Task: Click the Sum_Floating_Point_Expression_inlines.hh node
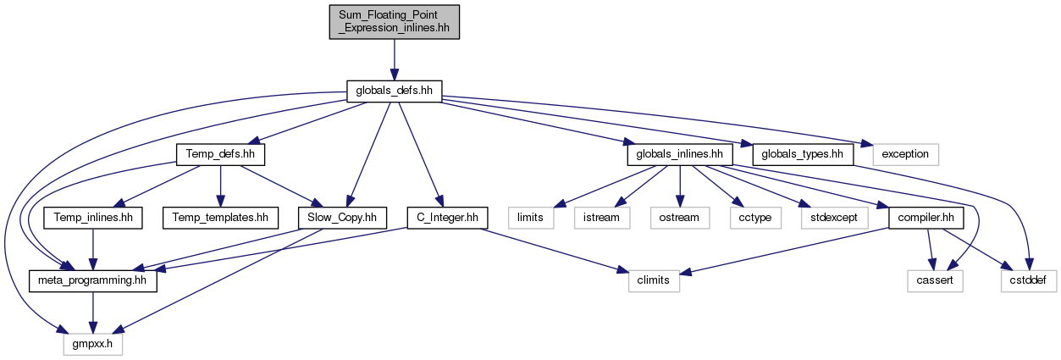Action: pos(394,22)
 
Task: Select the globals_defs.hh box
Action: pos(394,91)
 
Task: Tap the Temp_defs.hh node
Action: pos(220,154)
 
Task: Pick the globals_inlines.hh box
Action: pos(680,154)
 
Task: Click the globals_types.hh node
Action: pos(803,154)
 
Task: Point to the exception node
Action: pos(905,154)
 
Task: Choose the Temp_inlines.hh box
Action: pos(93,218)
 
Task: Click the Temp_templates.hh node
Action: pos(220,218)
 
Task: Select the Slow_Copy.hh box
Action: pos(342,218)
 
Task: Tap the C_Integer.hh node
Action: pos(448,218)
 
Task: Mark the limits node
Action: pos(530,218)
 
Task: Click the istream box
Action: pos(601,218)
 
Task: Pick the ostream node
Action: pos(679,218)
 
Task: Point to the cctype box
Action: pos(755,218)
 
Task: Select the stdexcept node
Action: pos(834,218)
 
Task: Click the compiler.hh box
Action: pos(926,218)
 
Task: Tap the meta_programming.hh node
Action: pos(93,281)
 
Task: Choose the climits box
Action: pos(654,281)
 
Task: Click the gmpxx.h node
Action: pos(93,345)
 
